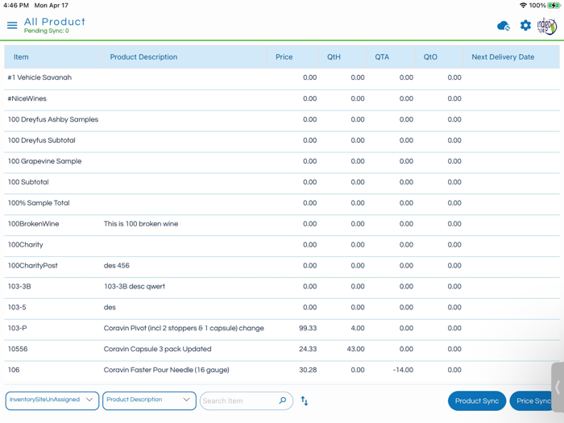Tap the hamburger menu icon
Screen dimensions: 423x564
coord(12,26)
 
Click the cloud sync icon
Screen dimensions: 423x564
coord(504,26)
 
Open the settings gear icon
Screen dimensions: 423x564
coord(525,26)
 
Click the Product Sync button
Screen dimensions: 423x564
coord(477,400)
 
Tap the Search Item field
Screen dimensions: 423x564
coord(238,400)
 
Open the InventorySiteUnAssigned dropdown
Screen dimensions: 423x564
coord(52,400)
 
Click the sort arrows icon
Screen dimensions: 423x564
coord(305,400)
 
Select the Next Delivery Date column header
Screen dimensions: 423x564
coord(503,57)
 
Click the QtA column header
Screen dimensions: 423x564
coord(382,57)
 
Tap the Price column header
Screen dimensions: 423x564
coord(284,57)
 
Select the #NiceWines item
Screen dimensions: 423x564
coord(27,99)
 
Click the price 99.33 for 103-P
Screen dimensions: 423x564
coord(307,329)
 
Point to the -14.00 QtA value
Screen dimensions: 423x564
coord(403,371)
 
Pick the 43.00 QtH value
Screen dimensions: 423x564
coord(355,350)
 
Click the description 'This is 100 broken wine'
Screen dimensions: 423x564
coord(141,224)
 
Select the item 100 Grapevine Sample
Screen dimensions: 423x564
coord(44,161)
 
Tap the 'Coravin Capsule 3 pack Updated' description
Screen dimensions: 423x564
coord(158,350)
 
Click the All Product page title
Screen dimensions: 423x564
coord(55,22)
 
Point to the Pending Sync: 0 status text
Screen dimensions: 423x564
coord(47,31)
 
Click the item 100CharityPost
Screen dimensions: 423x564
coord(33,266)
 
